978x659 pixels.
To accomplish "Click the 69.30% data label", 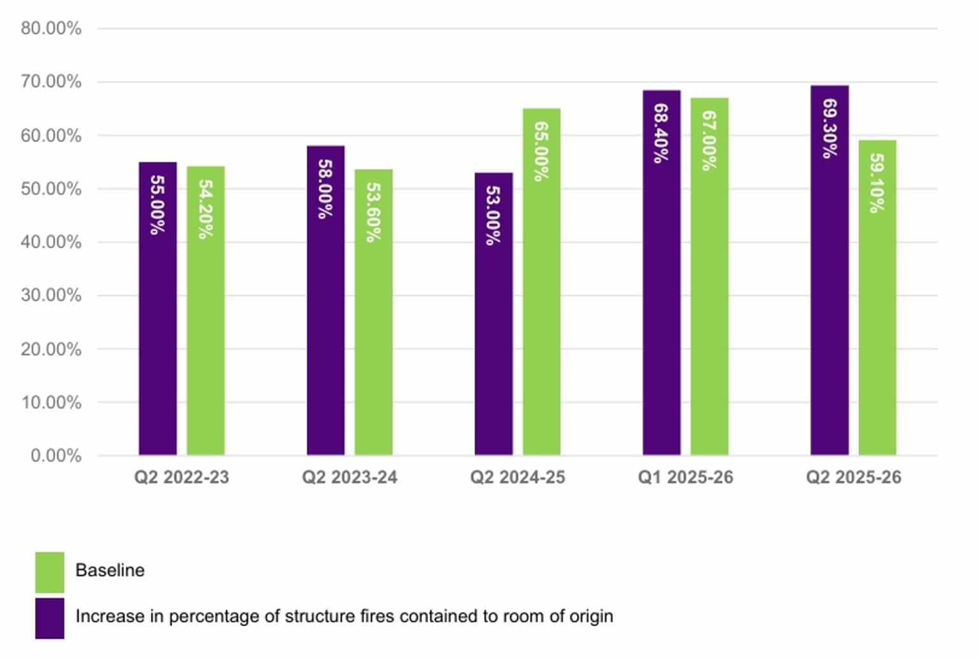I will click(x=829, y=128).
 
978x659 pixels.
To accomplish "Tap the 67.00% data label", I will click(x=709, y=141).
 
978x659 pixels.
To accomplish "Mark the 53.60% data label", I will click(x=373, y=212).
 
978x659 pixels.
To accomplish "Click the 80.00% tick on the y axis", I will click(x=51, y=28).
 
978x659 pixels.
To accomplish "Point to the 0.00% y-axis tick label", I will click(x=56, y=455).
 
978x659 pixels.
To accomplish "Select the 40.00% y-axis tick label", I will click(x=51, y=242).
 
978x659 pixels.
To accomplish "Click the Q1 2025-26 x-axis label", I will click(x=685, y=478).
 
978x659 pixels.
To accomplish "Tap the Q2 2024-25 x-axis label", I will click(x=517, y=478).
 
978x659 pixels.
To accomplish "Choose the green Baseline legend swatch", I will click(x=50, y=572).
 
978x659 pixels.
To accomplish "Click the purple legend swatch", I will click(x=50, y=618).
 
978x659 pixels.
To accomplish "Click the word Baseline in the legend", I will click(x=110, y=570).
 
